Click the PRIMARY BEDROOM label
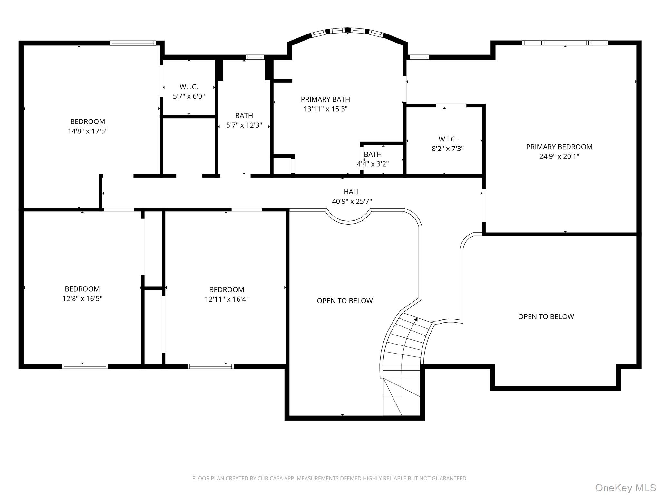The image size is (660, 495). [x=559, y=147]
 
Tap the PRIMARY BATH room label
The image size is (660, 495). [x=325, y=99]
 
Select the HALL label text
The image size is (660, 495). [x=352, y=192]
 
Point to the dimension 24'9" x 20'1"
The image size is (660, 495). [x=559, y=157]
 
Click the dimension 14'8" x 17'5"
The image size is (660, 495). [x=88, y=131]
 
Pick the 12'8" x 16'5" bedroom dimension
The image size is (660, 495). [x=82, y=299]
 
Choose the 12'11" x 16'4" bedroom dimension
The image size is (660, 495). [x=227, y=299]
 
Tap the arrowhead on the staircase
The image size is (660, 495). [x=416, y=320]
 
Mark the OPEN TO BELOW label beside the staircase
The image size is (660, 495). [x=345, y=301]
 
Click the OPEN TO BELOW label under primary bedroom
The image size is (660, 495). [x=546, y=317]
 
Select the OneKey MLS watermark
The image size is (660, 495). [x=626, y=488]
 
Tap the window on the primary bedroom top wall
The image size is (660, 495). [x=565, y=43]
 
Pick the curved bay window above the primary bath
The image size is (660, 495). [x=347, y=31]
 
